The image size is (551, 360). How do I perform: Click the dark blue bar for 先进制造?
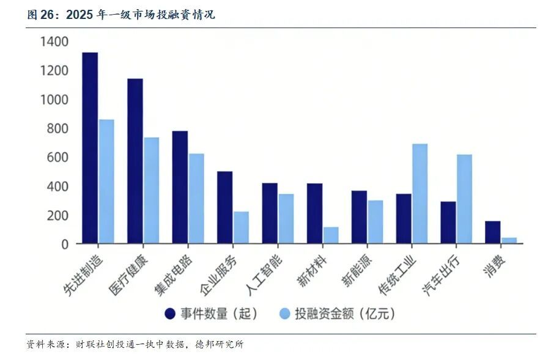tap(90, 148)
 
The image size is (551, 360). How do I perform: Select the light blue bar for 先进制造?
tap(106, 182)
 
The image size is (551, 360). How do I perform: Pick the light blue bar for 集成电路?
tap(196, 199)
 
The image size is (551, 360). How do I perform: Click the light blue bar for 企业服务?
tap(241, 227)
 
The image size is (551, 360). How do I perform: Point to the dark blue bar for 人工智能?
tap(270, 213)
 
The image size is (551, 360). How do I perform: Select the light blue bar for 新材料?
tap(331, 235)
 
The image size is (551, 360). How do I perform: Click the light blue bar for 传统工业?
tap(420, 194)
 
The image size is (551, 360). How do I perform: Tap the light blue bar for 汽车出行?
tap(465, 199)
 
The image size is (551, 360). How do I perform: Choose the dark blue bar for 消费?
tap(493, 232)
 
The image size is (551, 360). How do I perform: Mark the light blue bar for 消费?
tap(509, 241)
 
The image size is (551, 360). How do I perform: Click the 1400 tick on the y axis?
tap(54, 42)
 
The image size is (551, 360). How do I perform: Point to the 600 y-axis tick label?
tap(59, 158)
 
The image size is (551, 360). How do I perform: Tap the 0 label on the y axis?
tap(65, 244)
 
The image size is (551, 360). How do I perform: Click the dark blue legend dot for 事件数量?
tap(171, 314)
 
